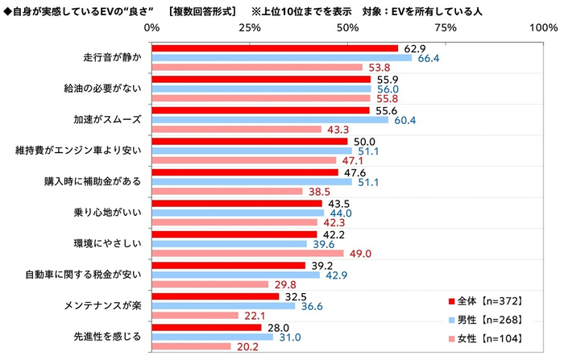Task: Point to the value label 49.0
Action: pos(359,254)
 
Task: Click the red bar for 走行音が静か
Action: pos(275,48)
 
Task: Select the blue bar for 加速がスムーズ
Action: pos(270,120)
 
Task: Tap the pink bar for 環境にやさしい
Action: pos(247,254)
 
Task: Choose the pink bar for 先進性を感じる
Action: pos(191,346)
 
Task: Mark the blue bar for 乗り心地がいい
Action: pos(238,213)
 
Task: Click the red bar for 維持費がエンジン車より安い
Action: pos(250,141)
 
